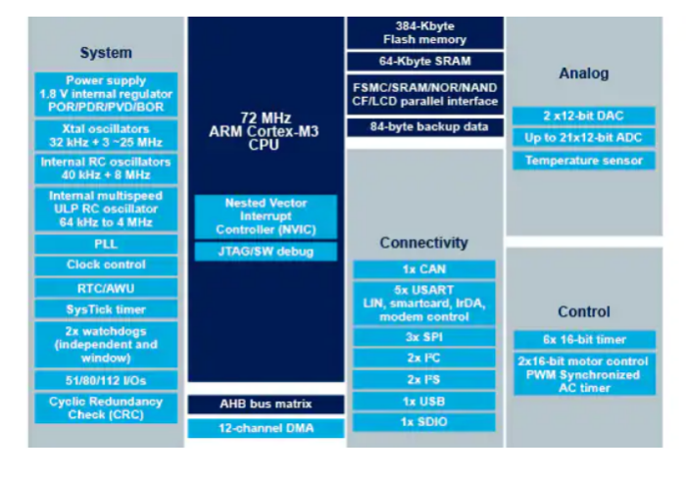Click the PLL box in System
106,243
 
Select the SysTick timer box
106,309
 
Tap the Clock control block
106,264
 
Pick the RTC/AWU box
106,287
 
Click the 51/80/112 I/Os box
106,380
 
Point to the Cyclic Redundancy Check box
106,407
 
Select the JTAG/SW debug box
267,252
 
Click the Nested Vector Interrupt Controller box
267,216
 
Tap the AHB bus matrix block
267,404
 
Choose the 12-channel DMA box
267,428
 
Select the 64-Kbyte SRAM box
424,62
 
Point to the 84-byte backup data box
424,127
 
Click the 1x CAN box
424,268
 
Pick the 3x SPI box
424,337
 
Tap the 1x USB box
424,402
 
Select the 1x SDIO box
424,423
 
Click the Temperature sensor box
583,161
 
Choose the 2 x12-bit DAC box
583,116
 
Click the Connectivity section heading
424,242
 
